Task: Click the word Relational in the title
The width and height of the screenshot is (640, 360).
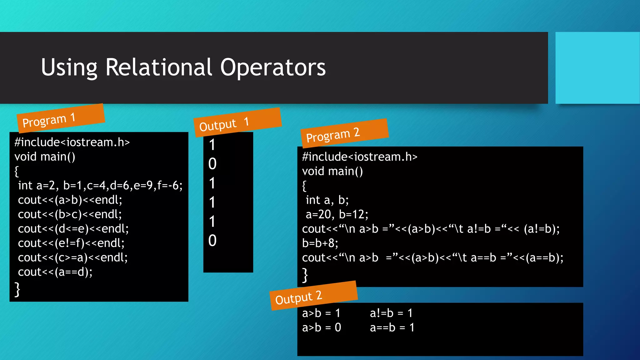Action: tap(159, 67)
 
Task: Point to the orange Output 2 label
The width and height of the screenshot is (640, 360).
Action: tap(313, 296)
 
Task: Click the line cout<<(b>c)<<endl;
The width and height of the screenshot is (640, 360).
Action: tap(70, 214)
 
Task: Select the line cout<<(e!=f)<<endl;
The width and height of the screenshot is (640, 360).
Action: tap(71, 243)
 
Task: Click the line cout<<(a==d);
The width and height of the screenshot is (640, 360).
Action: tap(55, 272)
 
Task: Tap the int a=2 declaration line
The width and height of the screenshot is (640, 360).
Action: tap(100, 186)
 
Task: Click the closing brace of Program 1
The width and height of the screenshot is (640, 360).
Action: tap(17, 289)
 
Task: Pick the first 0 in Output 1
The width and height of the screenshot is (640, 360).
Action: tap(212, 164)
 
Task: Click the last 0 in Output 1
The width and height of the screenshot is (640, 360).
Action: tap(212, 241)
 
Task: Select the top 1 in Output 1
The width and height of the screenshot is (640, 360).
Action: tap(212, 145)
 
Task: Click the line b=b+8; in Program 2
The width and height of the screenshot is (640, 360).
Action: tap(320, 243)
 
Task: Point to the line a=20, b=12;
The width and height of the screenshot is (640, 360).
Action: tap(337, 214)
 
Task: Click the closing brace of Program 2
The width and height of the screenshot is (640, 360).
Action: tap(305, 275)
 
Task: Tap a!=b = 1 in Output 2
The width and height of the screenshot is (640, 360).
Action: tap(391, 313)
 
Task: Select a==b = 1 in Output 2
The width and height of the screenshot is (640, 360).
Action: tap(392, 327)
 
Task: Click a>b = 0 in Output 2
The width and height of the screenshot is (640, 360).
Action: tap(321, 327)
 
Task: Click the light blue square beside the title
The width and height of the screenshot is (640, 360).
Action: tap(597, 68)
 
